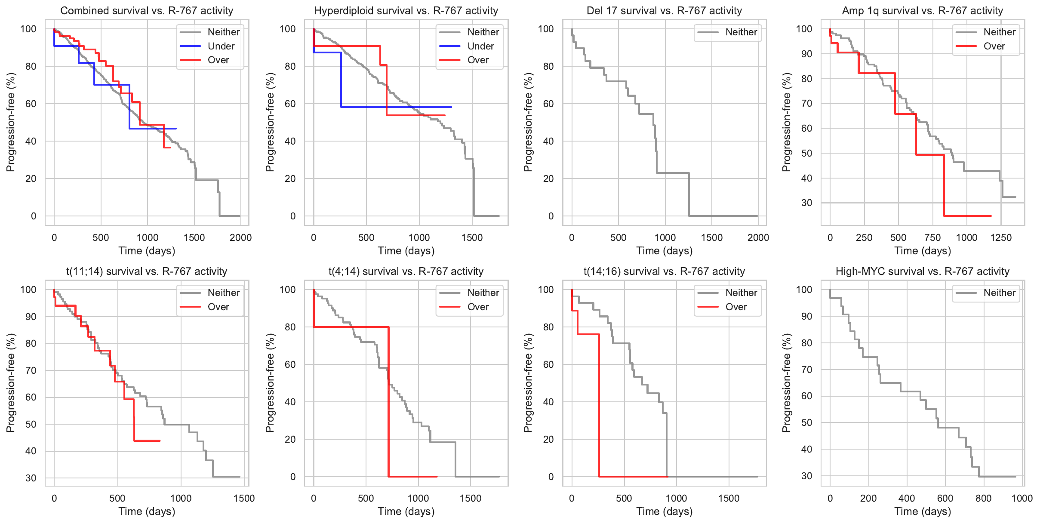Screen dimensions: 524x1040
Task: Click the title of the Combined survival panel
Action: [147, 11]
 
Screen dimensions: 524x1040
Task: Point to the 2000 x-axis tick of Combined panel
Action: [240, 237]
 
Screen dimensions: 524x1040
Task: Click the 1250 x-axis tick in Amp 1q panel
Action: [1001, 237]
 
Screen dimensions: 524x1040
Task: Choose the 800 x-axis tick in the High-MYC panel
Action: [983, 498]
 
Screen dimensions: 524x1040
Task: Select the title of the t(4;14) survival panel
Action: [406, 271]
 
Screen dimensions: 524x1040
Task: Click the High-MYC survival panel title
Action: [922, 271]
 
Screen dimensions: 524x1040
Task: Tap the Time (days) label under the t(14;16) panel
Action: [664, 512]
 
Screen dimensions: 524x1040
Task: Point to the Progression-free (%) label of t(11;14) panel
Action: [11, 383]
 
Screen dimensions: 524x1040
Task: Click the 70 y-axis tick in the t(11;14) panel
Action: [31, 370]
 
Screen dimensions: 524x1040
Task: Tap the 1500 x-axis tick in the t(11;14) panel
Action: [244, 498]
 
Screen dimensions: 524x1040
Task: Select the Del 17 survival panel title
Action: [664, 11]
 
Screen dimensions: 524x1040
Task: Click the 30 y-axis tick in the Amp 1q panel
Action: [806, 203]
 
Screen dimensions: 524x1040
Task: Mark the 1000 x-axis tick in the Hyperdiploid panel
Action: [419, 237]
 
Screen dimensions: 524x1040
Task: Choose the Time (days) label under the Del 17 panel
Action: [664, 251]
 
